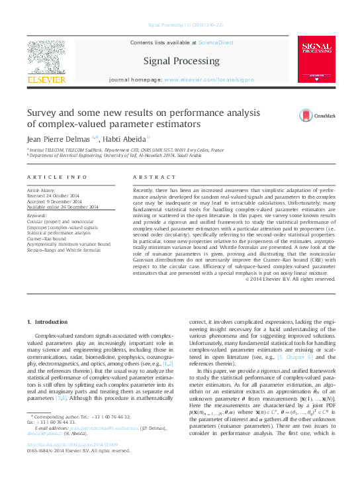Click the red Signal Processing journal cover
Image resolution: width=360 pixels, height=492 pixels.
316,59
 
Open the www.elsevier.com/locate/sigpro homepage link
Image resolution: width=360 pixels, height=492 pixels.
208,79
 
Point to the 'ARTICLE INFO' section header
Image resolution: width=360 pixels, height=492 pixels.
57,177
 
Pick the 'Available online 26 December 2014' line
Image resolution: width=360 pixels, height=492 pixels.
62,207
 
